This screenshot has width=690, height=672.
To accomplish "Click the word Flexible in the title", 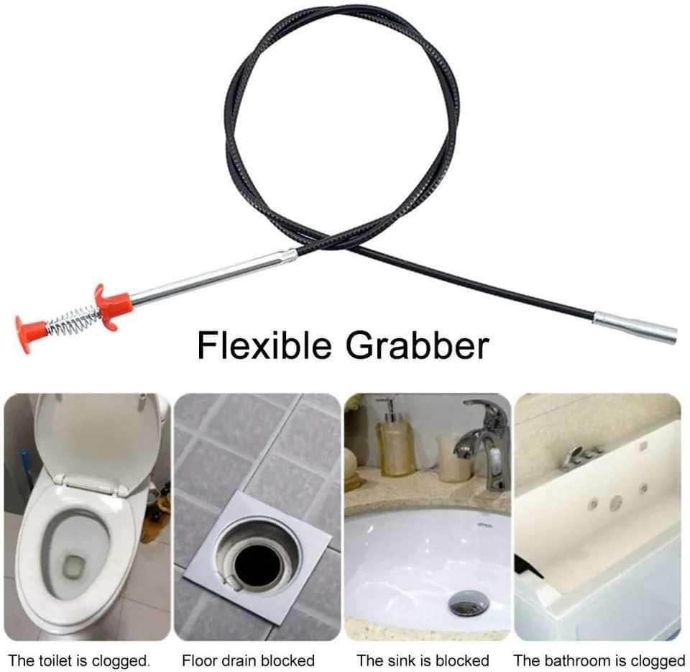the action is [x=264, y=345].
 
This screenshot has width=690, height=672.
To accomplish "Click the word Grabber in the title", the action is [x=417, y=345].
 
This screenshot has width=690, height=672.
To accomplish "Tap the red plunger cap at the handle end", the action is [x=30, y=333].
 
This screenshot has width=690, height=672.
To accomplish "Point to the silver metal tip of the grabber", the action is [x=635, y=327].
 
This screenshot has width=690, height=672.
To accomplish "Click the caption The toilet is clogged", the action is [x=79, y=660].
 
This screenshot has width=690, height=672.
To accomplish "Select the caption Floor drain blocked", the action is [x=248, y=660].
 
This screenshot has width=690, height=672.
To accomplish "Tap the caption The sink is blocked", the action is [x=423, y=660].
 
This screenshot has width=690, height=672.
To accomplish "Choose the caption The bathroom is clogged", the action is [x=599, y=661].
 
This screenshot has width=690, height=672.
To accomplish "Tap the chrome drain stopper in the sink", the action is [x=469, y=602].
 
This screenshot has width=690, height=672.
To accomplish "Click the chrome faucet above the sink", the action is [x=483, y=445].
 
